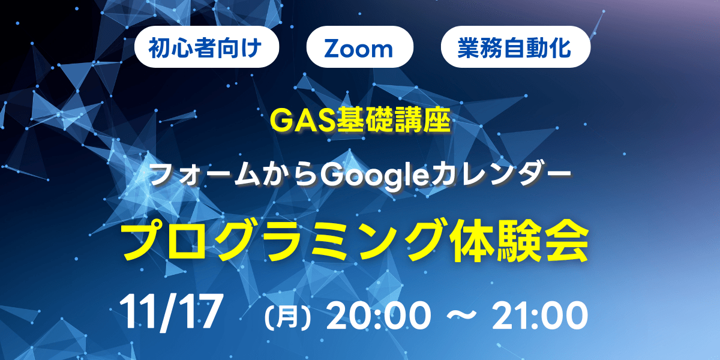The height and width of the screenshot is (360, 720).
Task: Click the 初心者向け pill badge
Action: (x=208, y=47)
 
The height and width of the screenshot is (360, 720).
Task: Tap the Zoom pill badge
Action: (x=360, y=47)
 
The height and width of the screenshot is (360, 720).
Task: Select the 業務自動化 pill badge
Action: (x=515, y=47)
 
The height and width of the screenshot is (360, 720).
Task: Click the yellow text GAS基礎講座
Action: (x=360, y=122)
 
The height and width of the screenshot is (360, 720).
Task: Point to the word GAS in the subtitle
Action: (x=294, y=122)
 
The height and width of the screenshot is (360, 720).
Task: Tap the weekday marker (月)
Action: (x=289, y=314)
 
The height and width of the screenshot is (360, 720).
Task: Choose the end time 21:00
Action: (x=538, y=314)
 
